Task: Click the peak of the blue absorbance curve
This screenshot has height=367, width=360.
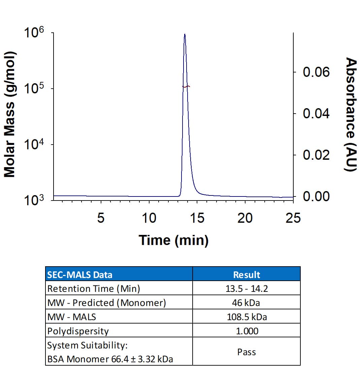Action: [x=185, y=34]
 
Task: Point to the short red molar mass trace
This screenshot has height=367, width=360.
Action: [x=186, y=86]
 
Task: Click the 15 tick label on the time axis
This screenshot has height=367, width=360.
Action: [x=197, y=218]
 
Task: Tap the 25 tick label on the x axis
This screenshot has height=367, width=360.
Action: [x=292, y=218]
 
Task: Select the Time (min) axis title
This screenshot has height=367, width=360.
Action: [x=173, y=240]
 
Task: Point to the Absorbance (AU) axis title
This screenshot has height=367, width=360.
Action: [x=351, y=115]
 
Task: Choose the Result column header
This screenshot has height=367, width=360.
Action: [x=247, y=274]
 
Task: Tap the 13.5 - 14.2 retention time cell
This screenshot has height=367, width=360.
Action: [x=247, y=289]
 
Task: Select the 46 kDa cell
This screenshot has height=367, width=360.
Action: [x=247, y=303]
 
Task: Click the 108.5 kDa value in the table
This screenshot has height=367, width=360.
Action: [x=247, y=317]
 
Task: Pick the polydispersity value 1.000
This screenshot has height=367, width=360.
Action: [x=247, y=331]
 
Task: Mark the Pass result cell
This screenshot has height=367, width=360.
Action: [x=247, y=352]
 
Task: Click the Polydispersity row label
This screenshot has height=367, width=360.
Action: [x=78, y=331]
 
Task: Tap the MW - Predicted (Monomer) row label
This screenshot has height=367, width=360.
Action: [x=107, y=303]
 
